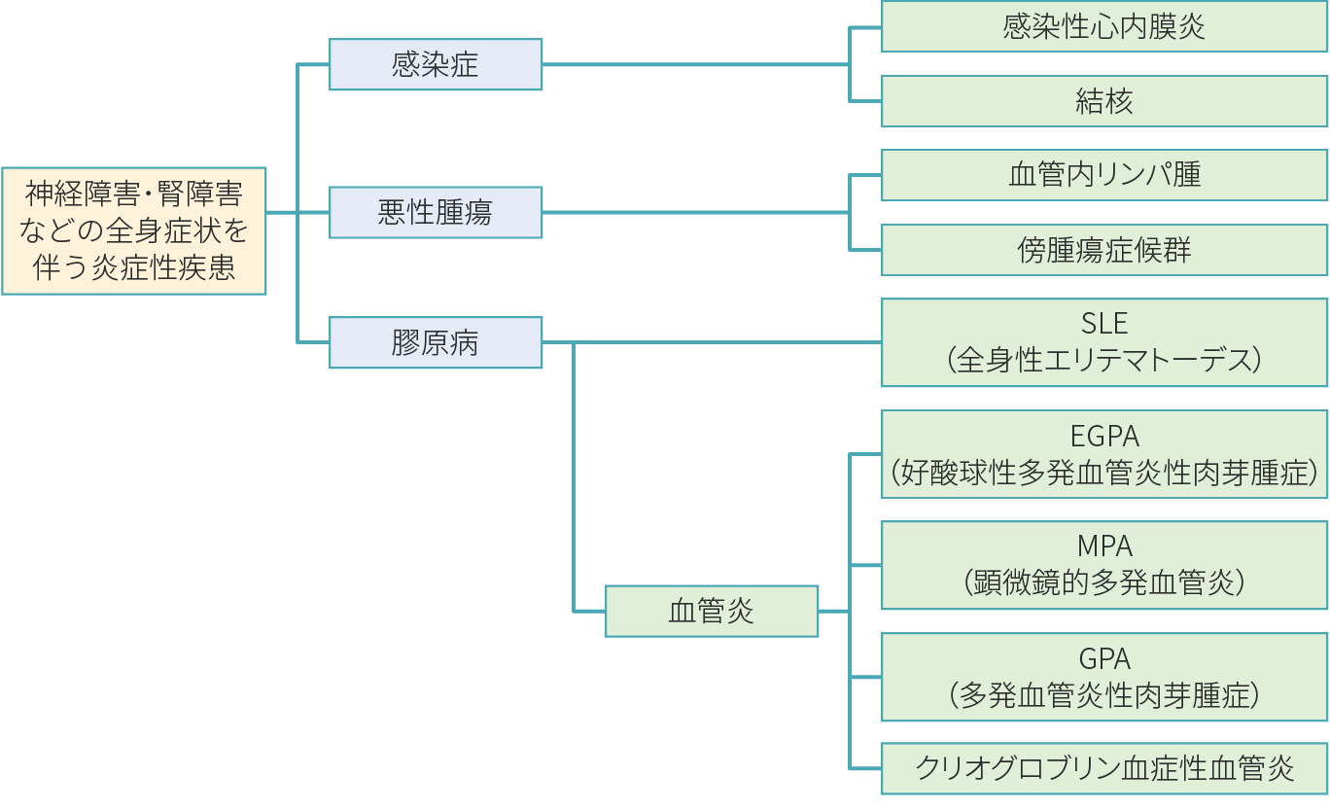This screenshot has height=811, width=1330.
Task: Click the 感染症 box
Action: tap(436, 65)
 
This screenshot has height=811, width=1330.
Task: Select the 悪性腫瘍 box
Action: tap(436, 213)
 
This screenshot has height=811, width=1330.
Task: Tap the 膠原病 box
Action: tap(436, 342)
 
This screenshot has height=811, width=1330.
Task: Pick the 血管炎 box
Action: tap(712, 611)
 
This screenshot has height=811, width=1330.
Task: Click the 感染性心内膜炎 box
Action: tap(1104, 26)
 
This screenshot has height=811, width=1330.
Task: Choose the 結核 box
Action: tap(1104, 101)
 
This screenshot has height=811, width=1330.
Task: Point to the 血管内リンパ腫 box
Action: tap(1104, 175)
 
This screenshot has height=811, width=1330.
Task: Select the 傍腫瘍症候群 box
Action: tap(1104, 250)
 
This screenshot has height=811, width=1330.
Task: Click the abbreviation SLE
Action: tap(1104, 324)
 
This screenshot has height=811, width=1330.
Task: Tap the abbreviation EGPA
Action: tap(1104, 436)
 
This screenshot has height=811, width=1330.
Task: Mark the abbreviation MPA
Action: tap(1104, 547)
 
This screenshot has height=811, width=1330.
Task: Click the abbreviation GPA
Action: tap(1104, 658)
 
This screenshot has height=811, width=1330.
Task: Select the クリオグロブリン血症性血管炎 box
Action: tap(1104, 768)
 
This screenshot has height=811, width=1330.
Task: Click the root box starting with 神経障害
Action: tap(134, 231)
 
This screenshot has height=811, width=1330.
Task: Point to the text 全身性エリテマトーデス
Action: tap(1104, 361)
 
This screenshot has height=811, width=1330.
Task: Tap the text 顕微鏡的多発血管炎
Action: tap(1104, 583)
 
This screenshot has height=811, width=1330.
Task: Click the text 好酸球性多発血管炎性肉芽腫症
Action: tap(1104, 473)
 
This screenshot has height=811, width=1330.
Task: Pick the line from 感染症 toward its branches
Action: tap(695, 65)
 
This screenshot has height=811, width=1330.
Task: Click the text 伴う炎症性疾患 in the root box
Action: tap(134, 267)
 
